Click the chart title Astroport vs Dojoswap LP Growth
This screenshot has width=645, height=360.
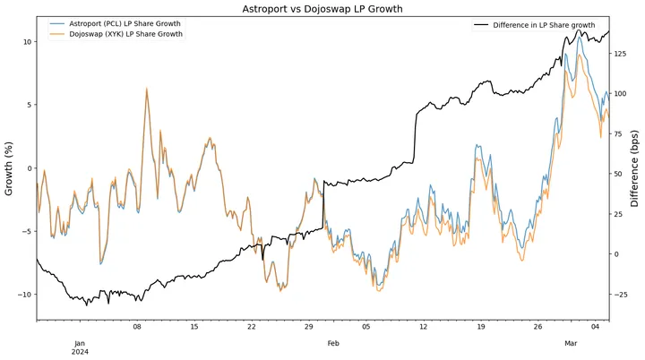coord(322,8)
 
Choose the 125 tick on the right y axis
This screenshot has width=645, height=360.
coord(622,54)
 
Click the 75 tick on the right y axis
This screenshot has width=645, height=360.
coord(620,134)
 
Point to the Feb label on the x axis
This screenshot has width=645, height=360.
coord(333,343)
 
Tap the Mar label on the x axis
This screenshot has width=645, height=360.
coord(572,343)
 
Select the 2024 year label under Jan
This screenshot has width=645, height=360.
coord(79,352)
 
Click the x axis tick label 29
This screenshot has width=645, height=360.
coord(308,328)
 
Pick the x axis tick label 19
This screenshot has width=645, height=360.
coord(480,328)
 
